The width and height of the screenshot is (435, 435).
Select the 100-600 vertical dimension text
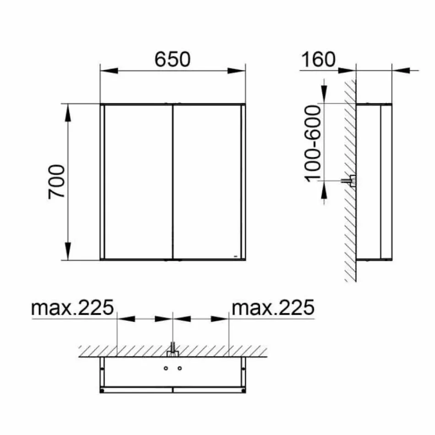[313, 143]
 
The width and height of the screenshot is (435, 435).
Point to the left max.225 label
[72, 308]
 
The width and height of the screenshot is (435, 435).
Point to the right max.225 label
[273, 308]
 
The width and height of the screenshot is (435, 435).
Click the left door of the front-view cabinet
[138, 181]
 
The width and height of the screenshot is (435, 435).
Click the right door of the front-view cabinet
[206, 181]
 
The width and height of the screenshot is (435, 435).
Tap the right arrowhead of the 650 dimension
[237, 71]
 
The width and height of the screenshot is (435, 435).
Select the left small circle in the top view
[166, 368]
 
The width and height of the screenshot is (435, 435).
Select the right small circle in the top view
[179, 368]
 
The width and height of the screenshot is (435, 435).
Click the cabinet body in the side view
[373, 181]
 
